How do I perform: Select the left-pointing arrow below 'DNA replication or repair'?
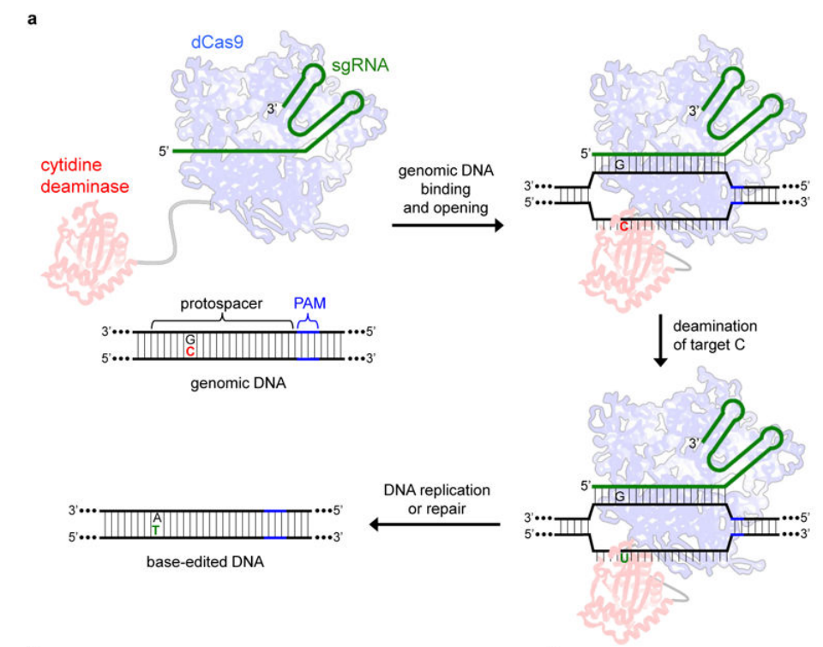(x=435, y=523)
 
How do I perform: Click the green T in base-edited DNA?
(x=156, y=530)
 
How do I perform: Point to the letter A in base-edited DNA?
(x=156, y=518)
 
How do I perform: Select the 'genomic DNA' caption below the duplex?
(x=238, y=384)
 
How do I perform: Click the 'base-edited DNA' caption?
(x=209, y=563)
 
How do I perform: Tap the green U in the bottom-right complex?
(x=623, y=558)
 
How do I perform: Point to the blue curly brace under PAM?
(x=307, y=321)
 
